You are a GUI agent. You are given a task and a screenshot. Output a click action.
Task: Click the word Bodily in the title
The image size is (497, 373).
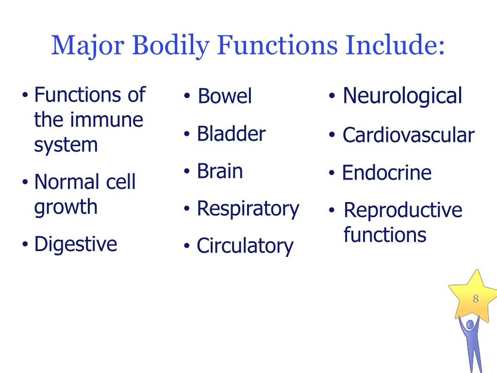point(170,46)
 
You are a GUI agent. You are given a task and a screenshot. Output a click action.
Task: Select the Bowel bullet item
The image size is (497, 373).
point(225,96)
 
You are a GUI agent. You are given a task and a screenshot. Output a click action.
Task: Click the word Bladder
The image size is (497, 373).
point(231,134)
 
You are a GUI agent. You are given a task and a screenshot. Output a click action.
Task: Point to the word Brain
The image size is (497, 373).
point(220,171)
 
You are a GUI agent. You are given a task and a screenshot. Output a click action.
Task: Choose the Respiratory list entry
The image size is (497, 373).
point(248,209)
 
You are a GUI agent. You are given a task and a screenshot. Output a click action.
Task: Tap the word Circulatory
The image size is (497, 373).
point(245,246)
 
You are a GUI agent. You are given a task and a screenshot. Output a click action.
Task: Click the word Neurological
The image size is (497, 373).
point(402,96)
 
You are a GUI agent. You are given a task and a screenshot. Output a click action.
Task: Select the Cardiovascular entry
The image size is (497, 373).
point(408,135)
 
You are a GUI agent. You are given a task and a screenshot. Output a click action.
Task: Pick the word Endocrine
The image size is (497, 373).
point(387,172)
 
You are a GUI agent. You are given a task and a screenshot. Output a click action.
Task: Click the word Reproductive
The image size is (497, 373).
point(403,210)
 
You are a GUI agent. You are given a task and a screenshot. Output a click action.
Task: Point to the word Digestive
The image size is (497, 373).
point(76,243)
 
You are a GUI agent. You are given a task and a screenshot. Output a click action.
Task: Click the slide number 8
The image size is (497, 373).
point(476,299)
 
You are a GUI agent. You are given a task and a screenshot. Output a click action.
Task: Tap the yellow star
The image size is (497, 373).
point(473,296)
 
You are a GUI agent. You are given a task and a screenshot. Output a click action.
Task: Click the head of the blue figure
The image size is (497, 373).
point(469,324)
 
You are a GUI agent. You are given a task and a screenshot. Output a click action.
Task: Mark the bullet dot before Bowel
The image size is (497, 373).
point(186,97)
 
